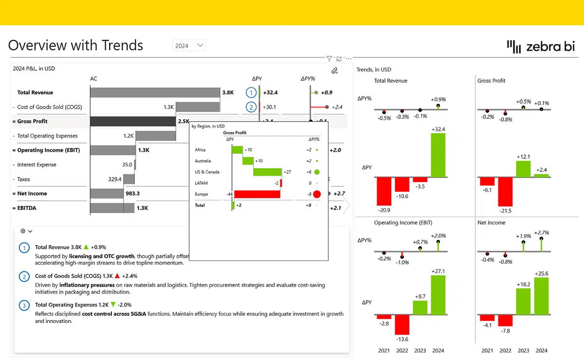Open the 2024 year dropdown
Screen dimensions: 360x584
point(189,46)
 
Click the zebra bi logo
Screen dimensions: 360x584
point(541,46)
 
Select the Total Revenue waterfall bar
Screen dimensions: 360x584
point(155,92)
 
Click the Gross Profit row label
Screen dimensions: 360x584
point(32,121)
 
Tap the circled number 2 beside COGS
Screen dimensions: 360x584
point(251,107)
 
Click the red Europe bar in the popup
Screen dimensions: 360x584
point(257,194)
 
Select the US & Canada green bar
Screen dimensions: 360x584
point(267,172)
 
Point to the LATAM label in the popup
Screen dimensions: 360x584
point(201,183)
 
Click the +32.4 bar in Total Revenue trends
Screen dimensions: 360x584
point(438,155)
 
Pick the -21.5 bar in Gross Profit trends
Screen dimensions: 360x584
point(505,192)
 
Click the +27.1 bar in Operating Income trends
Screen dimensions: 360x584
point(438,295)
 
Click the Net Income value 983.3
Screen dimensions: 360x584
point(132,194)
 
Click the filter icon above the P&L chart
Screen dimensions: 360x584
point(329,58)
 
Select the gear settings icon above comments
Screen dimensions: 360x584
point(23,231)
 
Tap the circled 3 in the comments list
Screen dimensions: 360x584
point(24,306)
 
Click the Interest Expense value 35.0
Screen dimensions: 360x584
point(127,165)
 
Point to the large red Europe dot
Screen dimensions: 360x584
point(317,194)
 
